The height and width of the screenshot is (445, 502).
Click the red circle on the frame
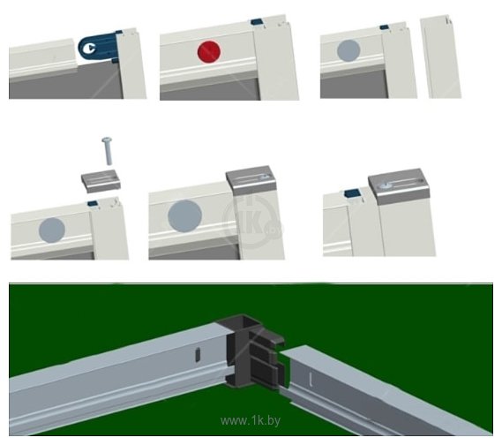[x=209, y=51]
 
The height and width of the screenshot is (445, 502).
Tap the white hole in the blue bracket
[x=89, y=49]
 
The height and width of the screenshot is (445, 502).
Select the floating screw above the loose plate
[x=108, y=151]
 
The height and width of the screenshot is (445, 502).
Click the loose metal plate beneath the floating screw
[x=101, y=182]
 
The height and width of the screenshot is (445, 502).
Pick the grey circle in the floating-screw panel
[x=52, y=230]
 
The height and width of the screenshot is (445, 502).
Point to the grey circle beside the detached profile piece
[x=348, y=50]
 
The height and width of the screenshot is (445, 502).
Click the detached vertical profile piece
[x=441, y=57]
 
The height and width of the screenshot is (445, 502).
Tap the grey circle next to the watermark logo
[x=184, y=216]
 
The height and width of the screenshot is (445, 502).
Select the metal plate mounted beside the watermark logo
[x=251, y=180]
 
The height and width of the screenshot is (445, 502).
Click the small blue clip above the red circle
[x=257, y=22]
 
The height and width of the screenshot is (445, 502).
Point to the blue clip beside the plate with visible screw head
[x=352, y=193]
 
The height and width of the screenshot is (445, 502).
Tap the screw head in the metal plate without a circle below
[x=383, y=185]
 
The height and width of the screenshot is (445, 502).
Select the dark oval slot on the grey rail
[x=198, y=356]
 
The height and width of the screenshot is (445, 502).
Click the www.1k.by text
[x=251, y=420]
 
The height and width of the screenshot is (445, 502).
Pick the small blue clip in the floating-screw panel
[x=93, y=203]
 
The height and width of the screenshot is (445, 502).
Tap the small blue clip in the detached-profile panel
[x=385, y=27]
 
